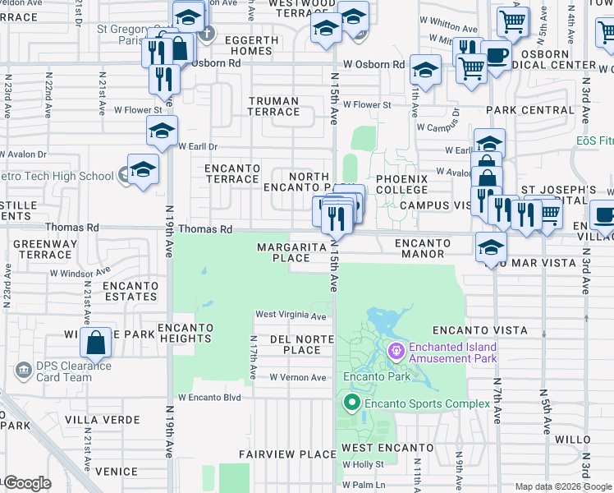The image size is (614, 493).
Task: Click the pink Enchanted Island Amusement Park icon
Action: [396, 352]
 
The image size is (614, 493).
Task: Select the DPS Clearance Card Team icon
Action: [24, 371]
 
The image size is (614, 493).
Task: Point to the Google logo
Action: [26, 483]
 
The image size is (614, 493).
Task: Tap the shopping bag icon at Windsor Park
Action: [96, 343]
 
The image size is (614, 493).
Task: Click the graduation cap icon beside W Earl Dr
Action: [162, 131]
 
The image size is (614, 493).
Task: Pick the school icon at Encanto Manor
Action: [491, 246]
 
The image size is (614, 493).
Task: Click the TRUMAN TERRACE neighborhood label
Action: [286, 106]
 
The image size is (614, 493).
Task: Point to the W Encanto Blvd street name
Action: [209, 398]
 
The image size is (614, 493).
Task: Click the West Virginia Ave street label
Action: [291, 315]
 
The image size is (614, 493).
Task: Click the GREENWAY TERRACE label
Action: [45, 249]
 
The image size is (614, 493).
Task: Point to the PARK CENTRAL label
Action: [529, 110]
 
